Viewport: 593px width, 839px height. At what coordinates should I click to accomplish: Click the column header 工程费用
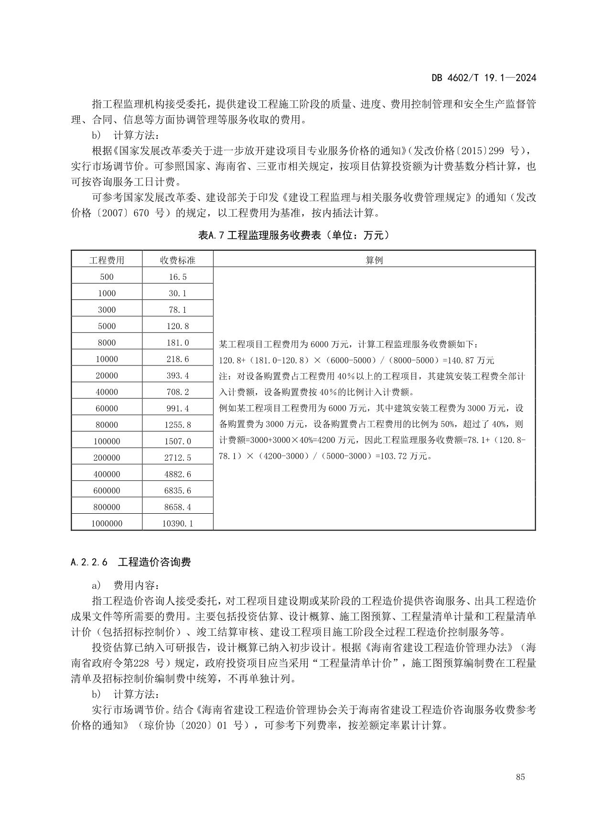click(x=107, y=260)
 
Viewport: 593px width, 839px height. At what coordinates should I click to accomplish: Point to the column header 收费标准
click(x=177, y=260)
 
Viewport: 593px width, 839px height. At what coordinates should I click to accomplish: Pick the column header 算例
click(x=374, y=260)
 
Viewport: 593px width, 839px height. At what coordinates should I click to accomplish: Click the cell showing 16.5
click(x=177, y=277)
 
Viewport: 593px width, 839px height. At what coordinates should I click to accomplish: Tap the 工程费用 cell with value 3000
click(x=107, y=310)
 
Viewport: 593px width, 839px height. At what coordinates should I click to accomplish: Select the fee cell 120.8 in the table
click(x=177, y=326)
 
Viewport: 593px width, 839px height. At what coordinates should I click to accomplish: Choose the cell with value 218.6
click(x=177, y=359)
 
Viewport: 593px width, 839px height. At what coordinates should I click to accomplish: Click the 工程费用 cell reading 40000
click(x=107, y=392)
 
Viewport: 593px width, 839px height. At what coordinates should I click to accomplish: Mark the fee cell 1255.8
click(x=177, y=425)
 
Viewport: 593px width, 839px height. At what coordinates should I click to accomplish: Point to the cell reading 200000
click(x=107, y=458)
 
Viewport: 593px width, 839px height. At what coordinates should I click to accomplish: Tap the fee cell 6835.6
click(x=177, y=491)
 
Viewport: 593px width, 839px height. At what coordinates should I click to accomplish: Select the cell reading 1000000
click(x=107, y=524)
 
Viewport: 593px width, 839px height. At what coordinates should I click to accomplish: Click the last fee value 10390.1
click(x=177, y=524)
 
